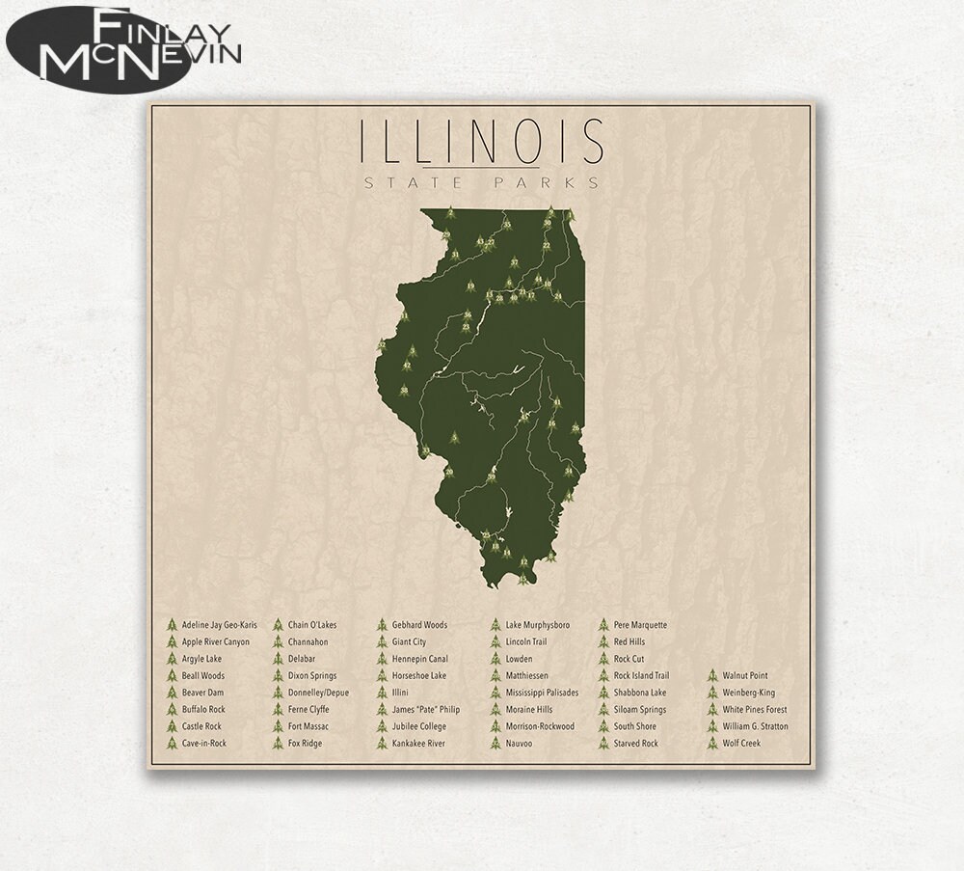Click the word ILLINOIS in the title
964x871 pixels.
(481, 142)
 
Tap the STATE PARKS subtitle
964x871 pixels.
(481, 182)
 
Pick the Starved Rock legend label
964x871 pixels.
(635, 744)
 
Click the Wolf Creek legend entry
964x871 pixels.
(741, 744)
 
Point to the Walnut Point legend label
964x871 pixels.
(745, 676)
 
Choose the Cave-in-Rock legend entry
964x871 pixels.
(203, 744)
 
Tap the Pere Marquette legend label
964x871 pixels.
(640, 625)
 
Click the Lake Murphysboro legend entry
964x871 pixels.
(537, 625)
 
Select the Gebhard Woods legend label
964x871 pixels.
(419, 625)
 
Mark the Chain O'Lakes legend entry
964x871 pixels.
(311, 625)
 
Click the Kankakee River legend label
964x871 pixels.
(418, 744)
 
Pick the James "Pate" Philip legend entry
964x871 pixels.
(425, 710)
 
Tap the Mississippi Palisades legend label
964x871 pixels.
(542, 693)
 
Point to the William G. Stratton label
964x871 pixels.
(755, 726)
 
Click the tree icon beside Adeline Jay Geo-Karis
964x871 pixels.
(172, 625)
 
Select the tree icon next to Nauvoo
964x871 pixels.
(495, 744)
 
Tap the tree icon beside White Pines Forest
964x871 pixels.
(712, 710)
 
